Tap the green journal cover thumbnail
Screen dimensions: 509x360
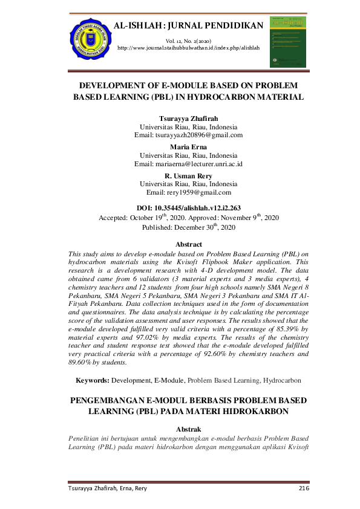tap(287, 42)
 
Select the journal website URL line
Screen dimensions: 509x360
tap(188, 47)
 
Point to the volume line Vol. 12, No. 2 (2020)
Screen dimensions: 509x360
tap(188, 40)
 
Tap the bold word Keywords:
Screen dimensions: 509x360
tap(92, 380)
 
